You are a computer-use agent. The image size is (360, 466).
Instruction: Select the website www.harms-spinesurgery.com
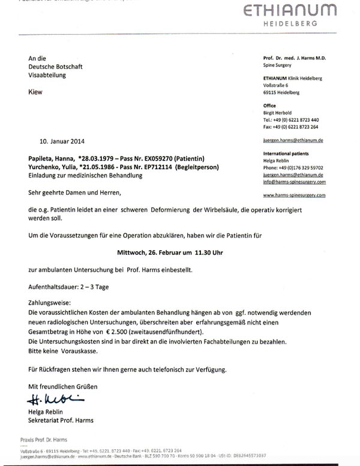pos(294,196)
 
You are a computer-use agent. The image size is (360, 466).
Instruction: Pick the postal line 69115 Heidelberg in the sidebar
pos(281,93)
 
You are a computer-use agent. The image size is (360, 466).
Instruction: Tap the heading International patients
pos(287,154)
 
